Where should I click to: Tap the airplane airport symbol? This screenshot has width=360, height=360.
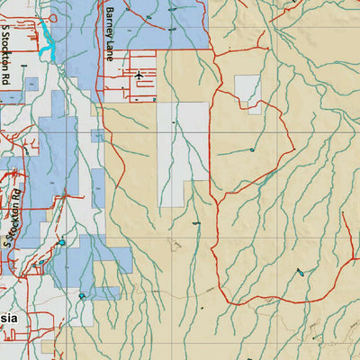coord(138,76)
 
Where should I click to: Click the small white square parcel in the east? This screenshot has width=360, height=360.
coord(247,89)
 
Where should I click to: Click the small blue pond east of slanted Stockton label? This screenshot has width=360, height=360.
coord(61,242)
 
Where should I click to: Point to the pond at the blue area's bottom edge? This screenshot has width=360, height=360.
coord(82,294)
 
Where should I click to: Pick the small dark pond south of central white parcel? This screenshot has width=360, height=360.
coord(196,220)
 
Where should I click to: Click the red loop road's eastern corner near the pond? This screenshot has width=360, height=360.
coord(294,148)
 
